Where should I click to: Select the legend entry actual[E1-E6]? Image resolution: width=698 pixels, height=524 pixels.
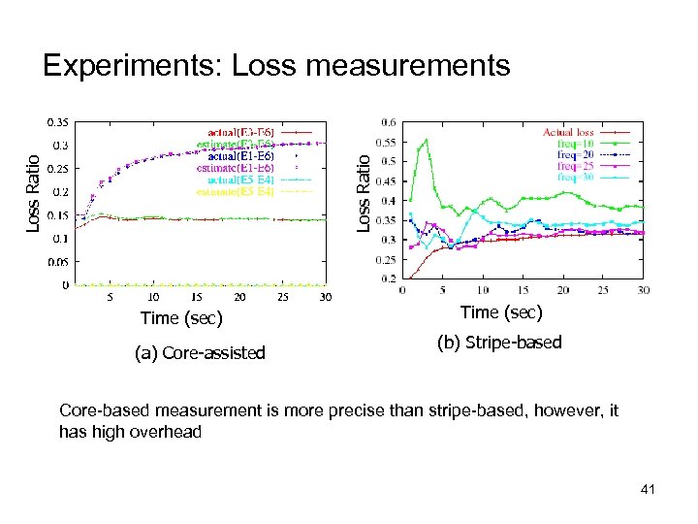(241, 155)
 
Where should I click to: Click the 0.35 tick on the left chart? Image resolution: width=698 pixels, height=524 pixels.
(59, 122)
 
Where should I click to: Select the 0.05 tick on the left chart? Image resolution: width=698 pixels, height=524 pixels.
(59, 262)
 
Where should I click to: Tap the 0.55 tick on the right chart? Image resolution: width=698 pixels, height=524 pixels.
(386, 142)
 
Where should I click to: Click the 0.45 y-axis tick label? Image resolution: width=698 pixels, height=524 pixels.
(386, 181)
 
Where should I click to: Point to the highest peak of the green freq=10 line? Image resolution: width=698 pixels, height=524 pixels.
(426, 141)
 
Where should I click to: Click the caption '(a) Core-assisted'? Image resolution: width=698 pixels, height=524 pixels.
(200, 352)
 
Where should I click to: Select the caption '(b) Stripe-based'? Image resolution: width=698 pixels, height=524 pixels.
(499, 342)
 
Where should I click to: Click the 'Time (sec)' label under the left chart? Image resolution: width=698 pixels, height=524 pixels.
(181, 318)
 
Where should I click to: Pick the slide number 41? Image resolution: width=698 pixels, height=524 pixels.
(648, 490)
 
